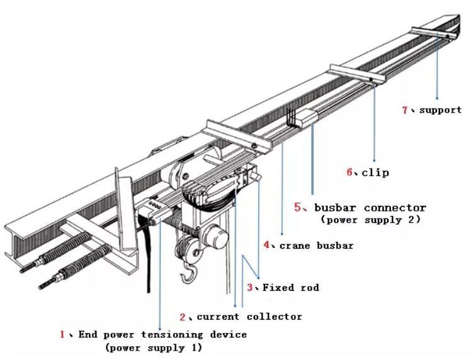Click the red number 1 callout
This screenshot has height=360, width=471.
(x=62, y=334)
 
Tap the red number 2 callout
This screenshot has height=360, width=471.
(x=183, y=316)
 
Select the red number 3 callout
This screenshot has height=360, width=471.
(x=250, y=288)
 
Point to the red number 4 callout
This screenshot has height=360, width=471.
(x=266, y=245)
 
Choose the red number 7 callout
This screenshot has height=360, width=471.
(x=406, y=110)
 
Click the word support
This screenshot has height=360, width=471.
(x=440, y=110)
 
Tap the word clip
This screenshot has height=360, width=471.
(x=375, y=172)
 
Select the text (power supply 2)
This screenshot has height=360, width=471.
(x=370, y=220)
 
